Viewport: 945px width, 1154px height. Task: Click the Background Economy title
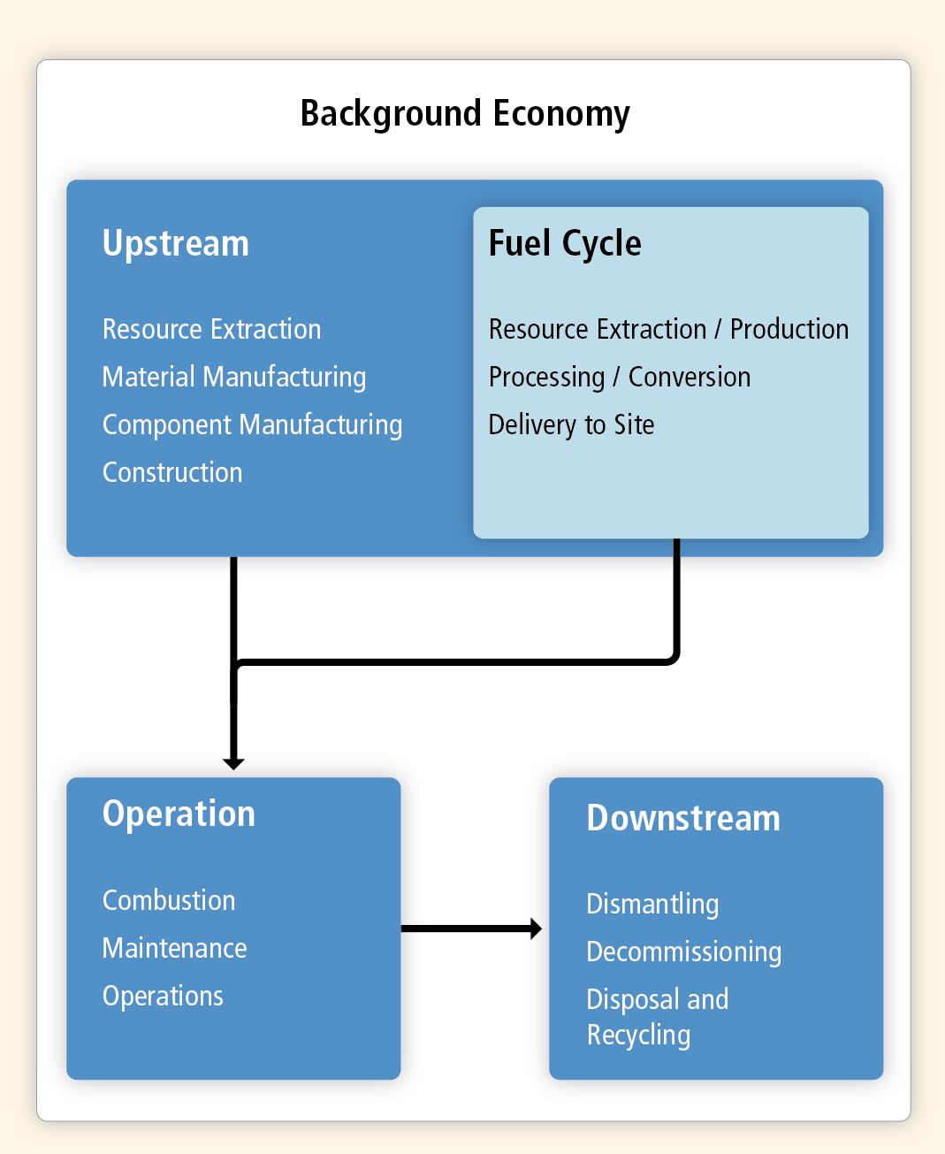[465, 114]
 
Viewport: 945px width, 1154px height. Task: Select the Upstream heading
[176, 243]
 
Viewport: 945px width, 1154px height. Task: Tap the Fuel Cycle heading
[565, 243]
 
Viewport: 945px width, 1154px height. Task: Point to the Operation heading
[179, 814]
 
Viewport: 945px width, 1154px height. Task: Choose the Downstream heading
[683, 818]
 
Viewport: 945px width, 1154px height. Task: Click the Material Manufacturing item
[234, 378]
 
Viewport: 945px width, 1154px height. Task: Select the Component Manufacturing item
[252, 425]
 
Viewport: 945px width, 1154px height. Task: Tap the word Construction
[172, 472]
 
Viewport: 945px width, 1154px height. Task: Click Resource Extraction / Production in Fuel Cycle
[669, 330]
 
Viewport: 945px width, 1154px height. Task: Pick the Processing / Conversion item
[620, 378]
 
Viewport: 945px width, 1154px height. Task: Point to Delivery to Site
[571, 425]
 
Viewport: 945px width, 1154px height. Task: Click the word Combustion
[169, 901]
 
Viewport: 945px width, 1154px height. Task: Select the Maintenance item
[174, 948]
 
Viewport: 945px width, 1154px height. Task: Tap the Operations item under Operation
[163, 997]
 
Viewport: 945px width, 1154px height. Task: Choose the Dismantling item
[652, 904]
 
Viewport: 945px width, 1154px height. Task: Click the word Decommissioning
[684, 952]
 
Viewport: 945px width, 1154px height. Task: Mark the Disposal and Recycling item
[658, 1017]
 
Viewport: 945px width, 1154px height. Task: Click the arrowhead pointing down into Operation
[233, 764]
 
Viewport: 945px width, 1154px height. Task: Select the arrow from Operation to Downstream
[471, 929]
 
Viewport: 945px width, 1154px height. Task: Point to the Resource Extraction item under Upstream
[211, 330]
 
